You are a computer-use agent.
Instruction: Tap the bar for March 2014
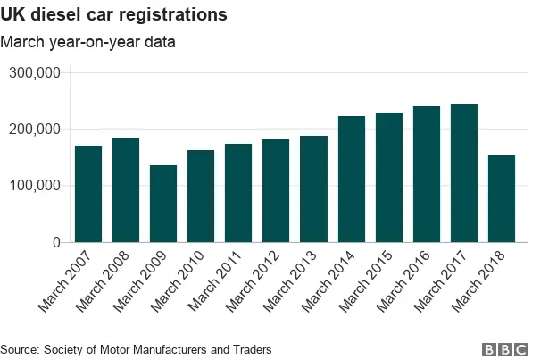coord(352,179)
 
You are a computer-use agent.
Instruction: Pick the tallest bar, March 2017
coord(464,173)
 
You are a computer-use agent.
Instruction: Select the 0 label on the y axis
coord(55,242)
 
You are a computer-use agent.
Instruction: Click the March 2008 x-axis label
coord(109,280)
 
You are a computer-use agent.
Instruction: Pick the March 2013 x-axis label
coord(296,280)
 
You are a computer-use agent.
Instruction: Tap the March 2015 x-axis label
coord(371,280)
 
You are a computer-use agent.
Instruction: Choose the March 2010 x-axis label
coord(184,280)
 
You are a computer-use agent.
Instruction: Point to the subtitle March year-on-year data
coord(87,42)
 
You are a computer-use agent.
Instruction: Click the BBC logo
coord(505,349)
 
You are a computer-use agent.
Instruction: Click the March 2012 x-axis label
coord(259,280)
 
